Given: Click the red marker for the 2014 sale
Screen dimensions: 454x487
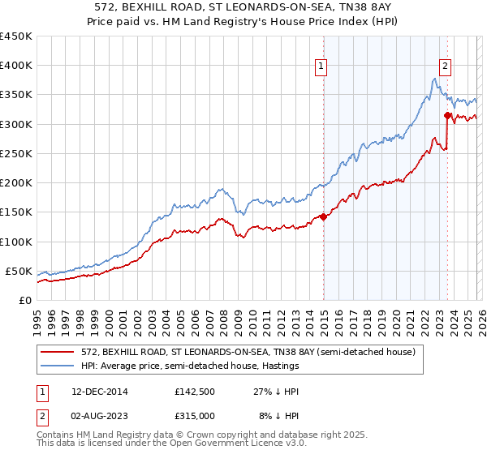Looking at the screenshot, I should (x=323, y=216).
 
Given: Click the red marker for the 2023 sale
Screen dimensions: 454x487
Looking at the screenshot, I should (x=447, y=115).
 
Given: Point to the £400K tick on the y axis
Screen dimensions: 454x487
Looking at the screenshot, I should (x=16, y=66).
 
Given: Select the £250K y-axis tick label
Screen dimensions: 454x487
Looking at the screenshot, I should (x=16, y=153).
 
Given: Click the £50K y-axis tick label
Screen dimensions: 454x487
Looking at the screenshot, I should (x=19, y=271).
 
